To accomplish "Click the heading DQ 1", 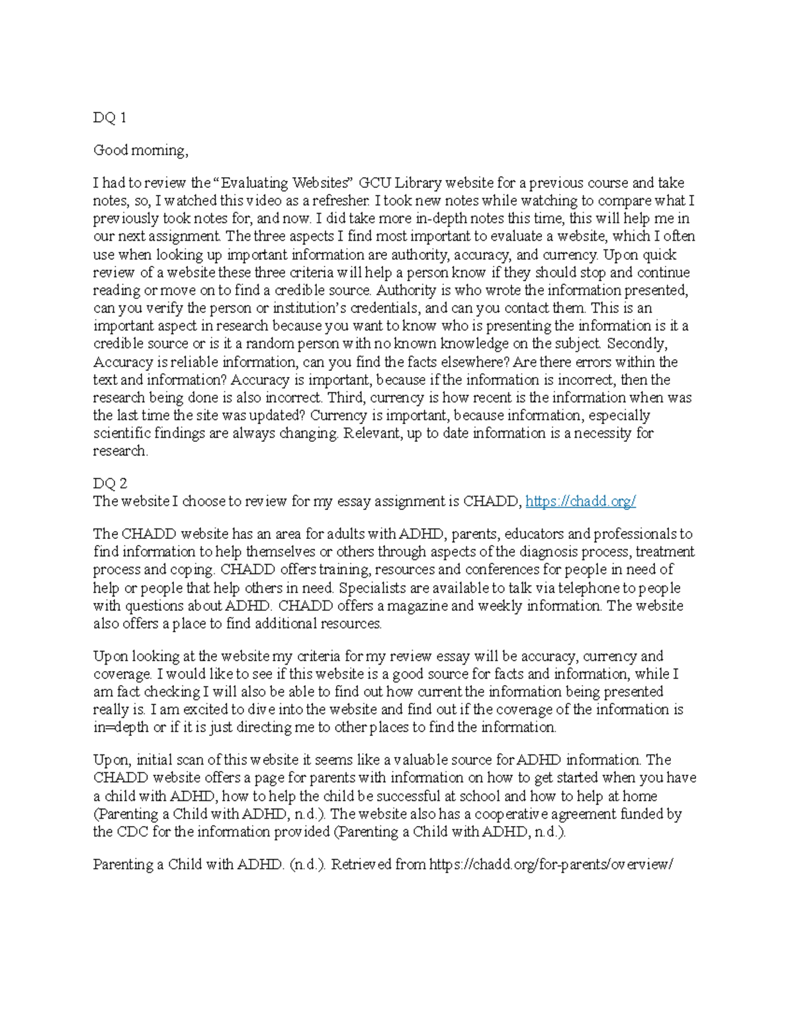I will (109, 118).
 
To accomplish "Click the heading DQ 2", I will (109, 483).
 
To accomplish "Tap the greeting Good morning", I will (140, 151).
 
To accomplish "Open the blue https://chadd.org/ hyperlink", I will (580, 501).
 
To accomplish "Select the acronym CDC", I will (132, 832).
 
